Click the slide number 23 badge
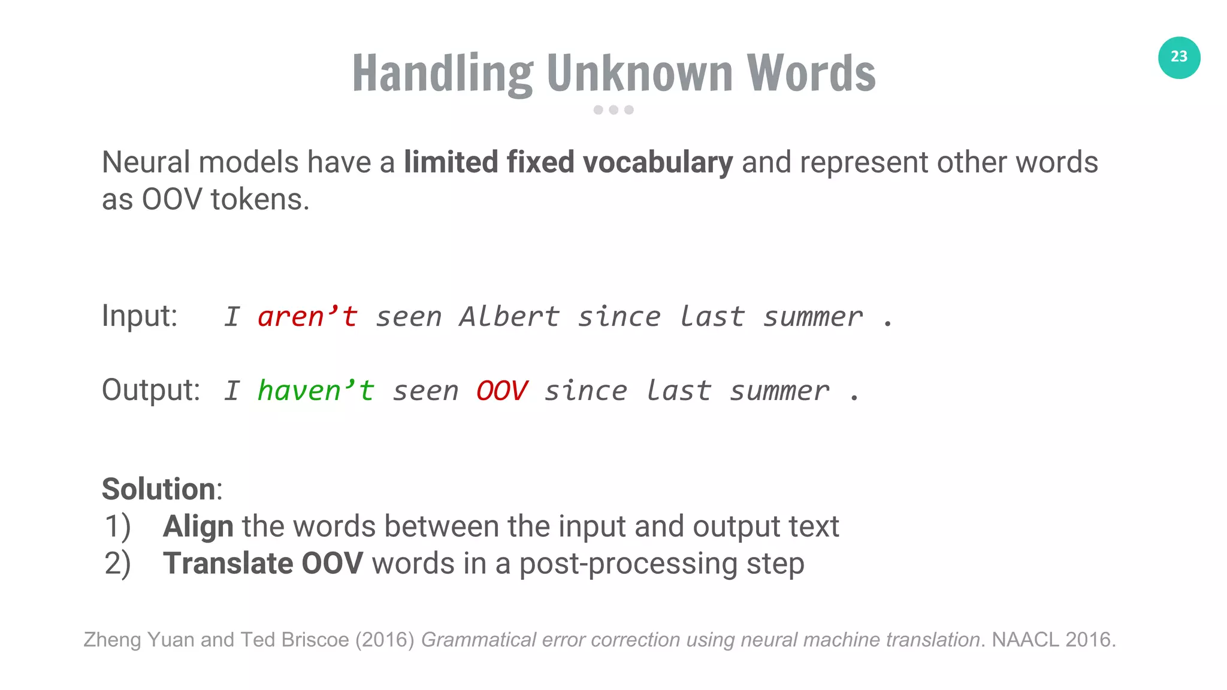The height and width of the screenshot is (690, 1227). click(1178, 57)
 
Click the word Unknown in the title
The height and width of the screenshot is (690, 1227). click(639, 73)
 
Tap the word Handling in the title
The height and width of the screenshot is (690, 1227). click(442, 73)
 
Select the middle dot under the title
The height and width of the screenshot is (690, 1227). click(613, 110)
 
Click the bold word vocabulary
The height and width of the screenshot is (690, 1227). click(657, 162)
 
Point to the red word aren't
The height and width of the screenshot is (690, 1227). click(307, 317)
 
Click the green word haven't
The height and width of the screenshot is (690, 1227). click(316, 391)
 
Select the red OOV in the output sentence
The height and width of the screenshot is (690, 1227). click(501, 391)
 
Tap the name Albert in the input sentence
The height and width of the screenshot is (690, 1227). click(509, 317)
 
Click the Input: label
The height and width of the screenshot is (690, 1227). click(140, 316)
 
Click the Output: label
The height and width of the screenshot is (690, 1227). click(150, 390)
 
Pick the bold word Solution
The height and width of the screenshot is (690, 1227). click(158, 489)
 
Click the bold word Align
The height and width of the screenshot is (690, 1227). click(198, 526)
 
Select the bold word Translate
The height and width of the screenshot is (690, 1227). click(228, 564)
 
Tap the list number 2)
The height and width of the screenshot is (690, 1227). click(117, 564)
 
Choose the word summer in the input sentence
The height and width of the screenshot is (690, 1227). click(812, 317)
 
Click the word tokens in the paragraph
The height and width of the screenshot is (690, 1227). click(259, 199)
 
